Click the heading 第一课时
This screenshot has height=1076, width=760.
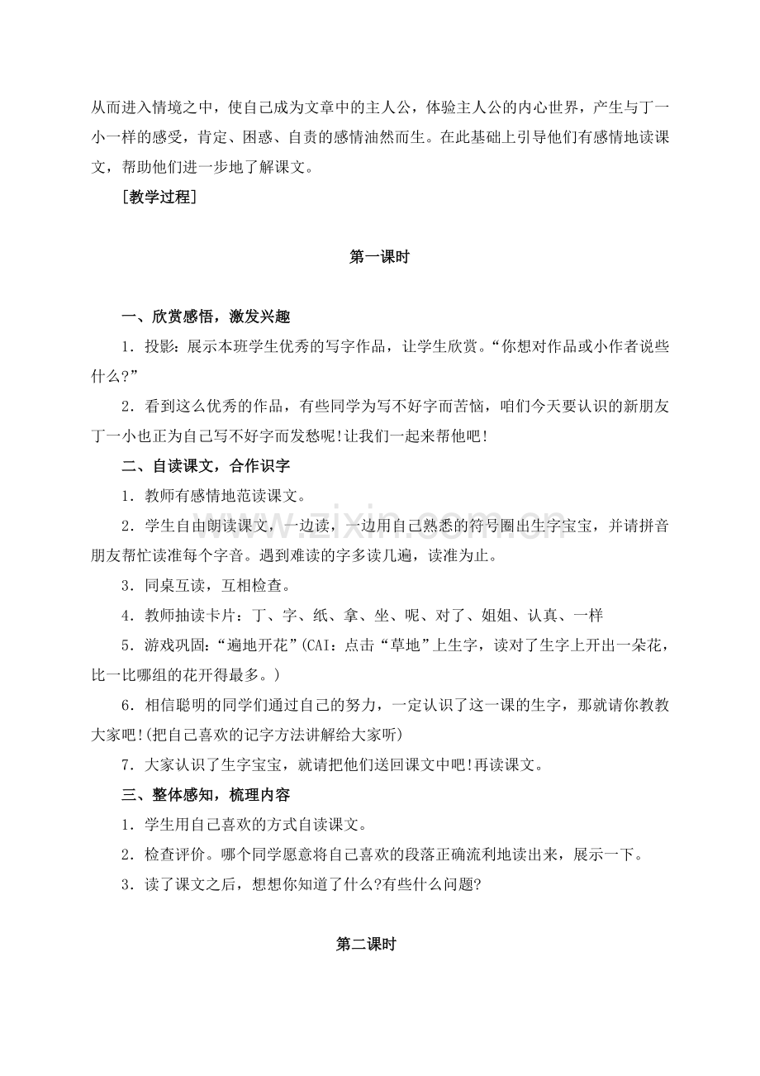tap(379, 257)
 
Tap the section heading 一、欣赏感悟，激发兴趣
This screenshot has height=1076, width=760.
tap(206, 317)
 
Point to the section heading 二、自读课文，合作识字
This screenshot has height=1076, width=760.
tap(206, 466)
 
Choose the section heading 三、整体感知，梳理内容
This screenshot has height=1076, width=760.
tap(206, 795)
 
